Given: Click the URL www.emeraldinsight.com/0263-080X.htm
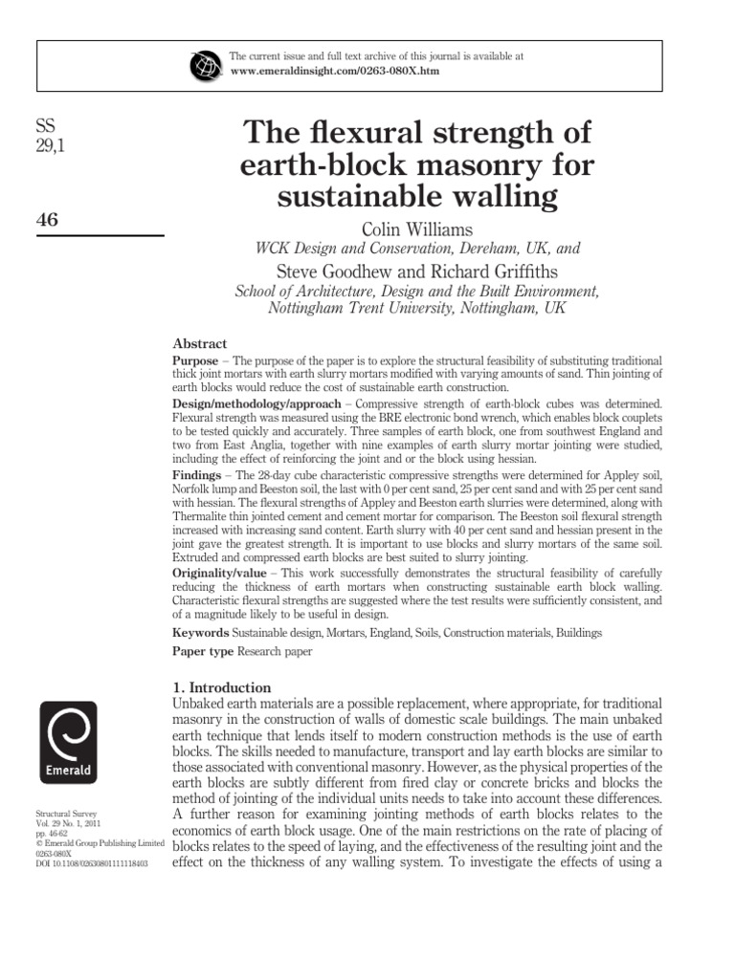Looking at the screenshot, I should (335, 72).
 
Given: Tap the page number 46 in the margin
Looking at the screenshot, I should (47, 221).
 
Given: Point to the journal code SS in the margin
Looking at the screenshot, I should (44, 127).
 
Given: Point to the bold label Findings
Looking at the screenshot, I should (196, 475).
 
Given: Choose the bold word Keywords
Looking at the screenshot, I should (200, 633).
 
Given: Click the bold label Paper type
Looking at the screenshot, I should (203, 652).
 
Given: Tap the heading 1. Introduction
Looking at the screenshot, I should (220, 687).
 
